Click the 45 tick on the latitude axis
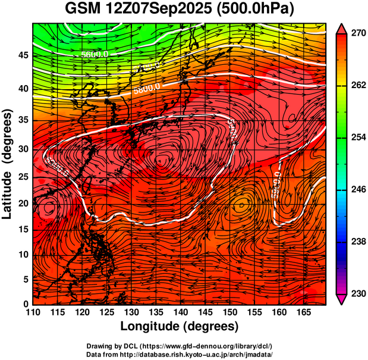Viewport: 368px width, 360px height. coord(23,55)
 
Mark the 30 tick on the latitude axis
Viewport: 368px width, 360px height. coord(23,149)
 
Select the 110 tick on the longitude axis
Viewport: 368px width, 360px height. coord(33,312)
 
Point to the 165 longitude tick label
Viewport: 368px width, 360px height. coord(302,312)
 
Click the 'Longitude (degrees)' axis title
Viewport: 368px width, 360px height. coord(180,326)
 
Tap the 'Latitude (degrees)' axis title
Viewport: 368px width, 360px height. coord(8,164)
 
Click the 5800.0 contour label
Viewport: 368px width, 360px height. coord(146,90)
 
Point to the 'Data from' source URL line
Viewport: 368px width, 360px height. coord(180,354)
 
